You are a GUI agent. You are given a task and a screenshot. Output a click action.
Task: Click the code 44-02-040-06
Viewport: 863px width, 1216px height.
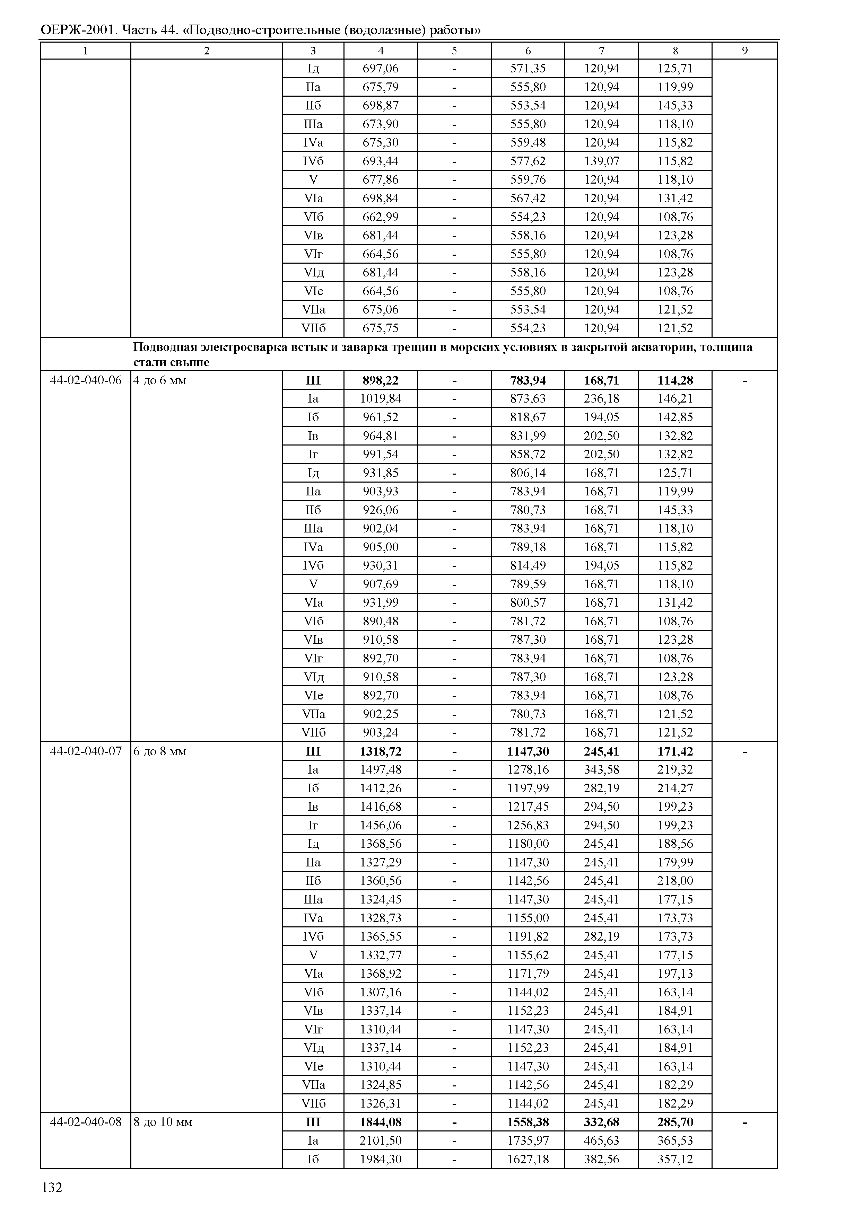(86, 380)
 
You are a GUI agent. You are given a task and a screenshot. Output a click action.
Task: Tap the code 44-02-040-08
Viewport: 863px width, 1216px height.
(86, 1122)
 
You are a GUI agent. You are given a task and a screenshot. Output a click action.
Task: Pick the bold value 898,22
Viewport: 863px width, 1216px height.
(381, 380)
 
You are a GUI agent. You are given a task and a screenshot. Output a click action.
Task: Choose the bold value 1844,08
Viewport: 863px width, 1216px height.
(381, 1122)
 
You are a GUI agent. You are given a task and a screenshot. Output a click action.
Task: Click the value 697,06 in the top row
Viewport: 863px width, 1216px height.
(381, 68)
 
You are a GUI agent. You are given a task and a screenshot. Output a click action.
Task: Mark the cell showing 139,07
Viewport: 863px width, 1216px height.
(602, 161)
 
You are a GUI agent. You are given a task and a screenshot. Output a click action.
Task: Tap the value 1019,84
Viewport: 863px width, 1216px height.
(381, 398)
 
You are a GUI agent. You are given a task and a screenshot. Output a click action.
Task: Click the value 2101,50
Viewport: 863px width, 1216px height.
(381, 1140)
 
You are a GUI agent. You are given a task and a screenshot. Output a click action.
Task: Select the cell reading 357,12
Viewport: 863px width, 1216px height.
(675, 1159)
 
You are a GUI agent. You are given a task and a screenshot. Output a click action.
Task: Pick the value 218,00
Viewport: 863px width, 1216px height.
(675, 881)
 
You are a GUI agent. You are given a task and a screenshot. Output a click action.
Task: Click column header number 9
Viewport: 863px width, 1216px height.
(744, 51)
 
